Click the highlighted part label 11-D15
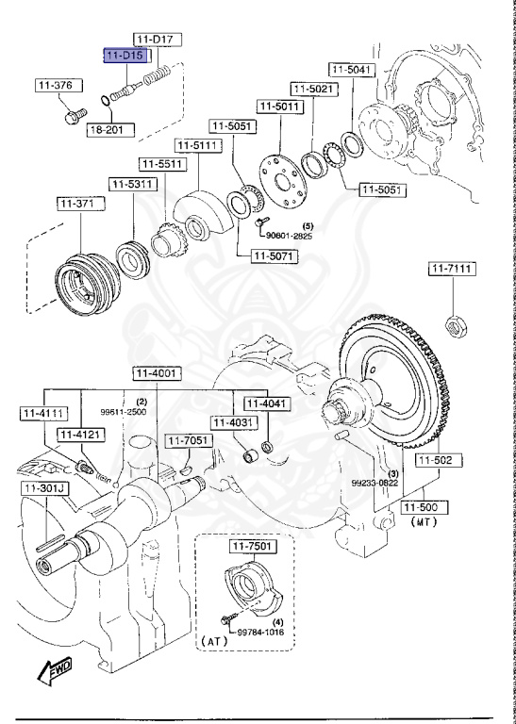tap(125, 57)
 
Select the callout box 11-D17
tap(157, 40)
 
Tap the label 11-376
tap(54, 86)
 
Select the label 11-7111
tap(453, 270)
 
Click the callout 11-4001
tap(155, 373)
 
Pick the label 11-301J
tap(42, 488)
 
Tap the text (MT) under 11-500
tap(422, 520)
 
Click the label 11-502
tap(437, 460)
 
